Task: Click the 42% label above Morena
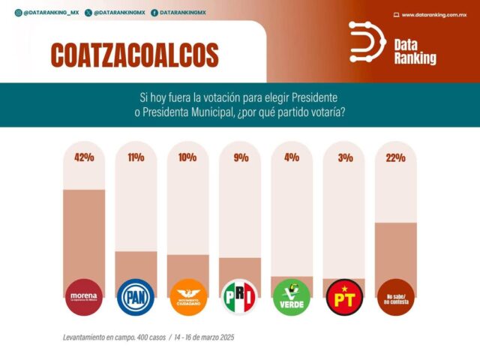pos(84,158)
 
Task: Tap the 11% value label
pos(136,158)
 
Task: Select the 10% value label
pos(187,158)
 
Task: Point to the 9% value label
pos(239,158)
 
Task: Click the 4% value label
pos(291,158)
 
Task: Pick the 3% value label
pos(343,158)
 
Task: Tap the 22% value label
pos(395,158)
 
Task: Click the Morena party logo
pos(84,297)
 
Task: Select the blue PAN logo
pos(136,297)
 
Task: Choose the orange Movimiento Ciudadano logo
pos(187,297)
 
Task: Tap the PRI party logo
pos(240,297)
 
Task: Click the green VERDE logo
pos(292,297)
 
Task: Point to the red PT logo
pos(343,297)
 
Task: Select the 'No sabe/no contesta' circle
pos(395,297)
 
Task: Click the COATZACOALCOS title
pos(135,55)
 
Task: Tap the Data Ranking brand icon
pos(367,42)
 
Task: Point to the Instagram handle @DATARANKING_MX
pos(45,13)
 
